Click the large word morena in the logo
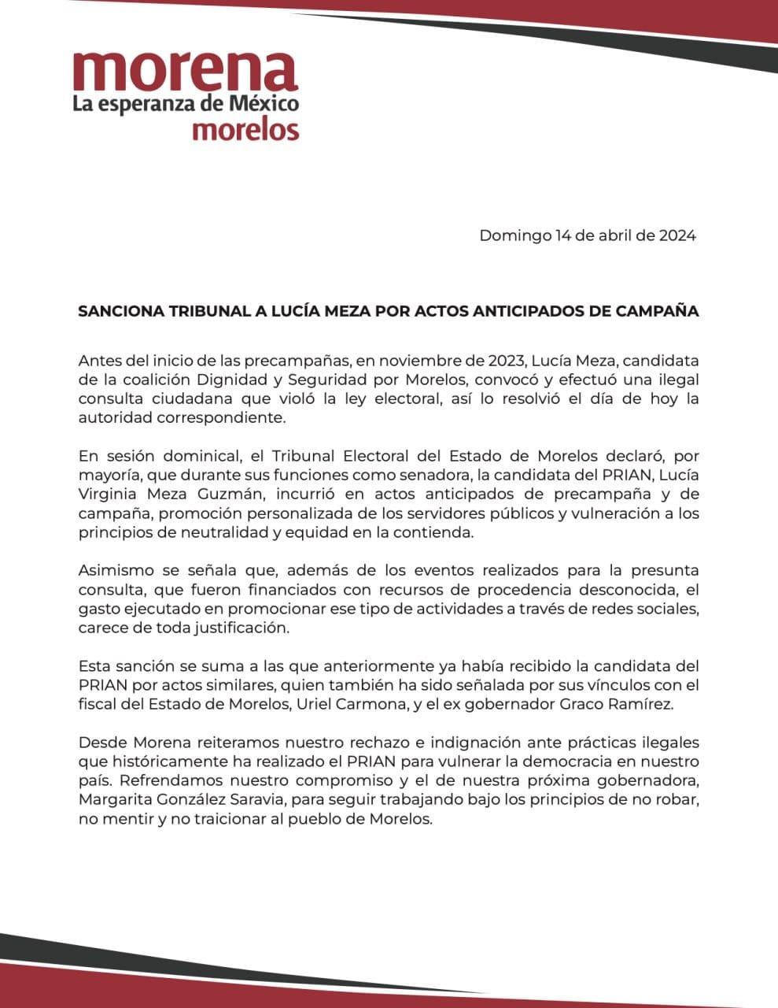[x=185, y=72]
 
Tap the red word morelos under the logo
[x=245, y=129]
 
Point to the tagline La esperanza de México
[x=186, y=103]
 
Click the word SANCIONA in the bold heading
[x=122, y=311]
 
